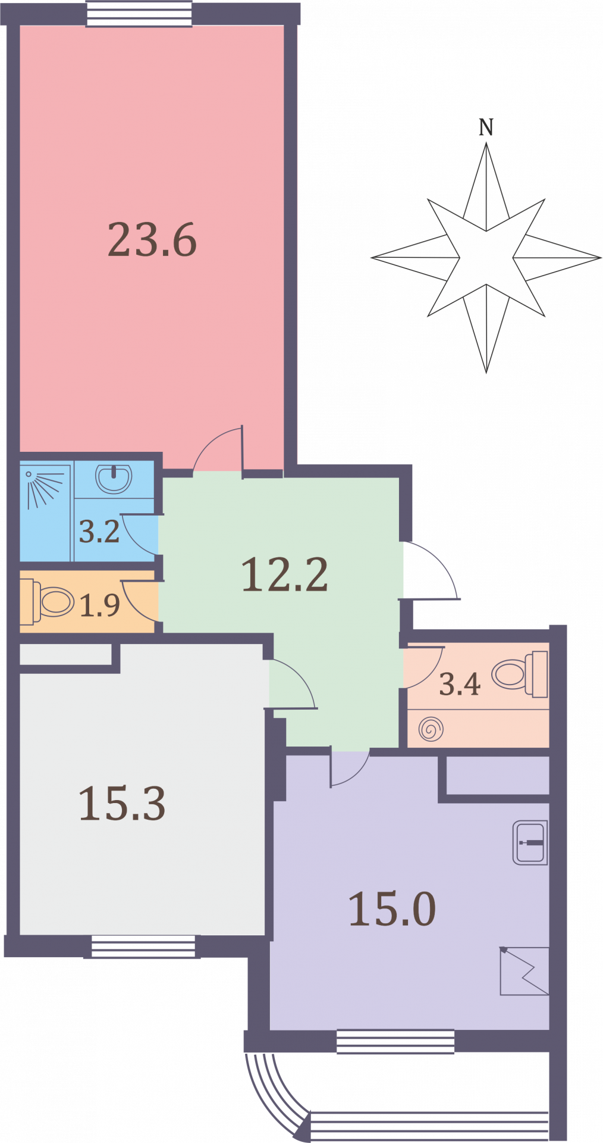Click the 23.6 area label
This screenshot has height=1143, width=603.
[x=152, y=240]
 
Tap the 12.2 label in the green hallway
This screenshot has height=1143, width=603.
[x=284, y=575]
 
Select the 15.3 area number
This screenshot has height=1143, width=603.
[x=122, y=804]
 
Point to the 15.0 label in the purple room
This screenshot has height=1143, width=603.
[x=392, y=909]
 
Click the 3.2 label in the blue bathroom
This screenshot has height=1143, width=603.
[x=99, y=532]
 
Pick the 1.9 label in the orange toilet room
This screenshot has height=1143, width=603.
[x=100, y=605]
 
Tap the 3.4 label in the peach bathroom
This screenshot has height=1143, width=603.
[x=459, y=685]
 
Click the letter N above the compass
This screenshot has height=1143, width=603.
[x=486, y=127]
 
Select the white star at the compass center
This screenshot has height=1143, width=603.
[x=486, y=258]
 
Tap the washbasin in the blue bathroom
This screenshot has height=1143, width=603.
[x=114, y=478]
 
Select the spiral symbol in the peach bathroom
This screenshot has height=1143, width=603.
[x=431, y=729]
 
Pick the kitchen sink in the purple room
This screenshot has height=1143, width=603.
[x=530, y=843]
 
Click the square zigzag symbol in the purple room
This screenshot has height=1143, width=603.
[x=524, y=971]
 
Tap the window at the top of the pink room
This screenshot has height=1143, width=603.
[x=140, y=14]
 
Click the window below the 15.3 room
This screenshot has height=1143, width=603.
[x=142, y=947]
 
